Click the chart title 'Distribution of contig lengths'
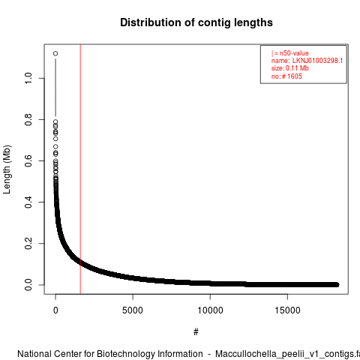pyautogui.click(x=196, y=22)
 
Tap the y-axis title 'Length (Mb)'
pyautogui.click(x=7, y=169)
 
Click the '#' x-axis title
pyautogui.click(x=196, y=332)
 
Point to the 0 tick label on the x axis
pyautogui.click(x=55, y=310)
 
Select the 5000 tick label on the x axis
pyautogui.click(x=133, y=310)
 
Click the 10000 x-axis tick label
pyautogui.click(x=210, y=310)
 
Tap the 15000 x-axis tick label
pyautogui.click(x=287, y=310)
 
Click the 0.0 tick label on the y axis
pyautogui.click(x=28, y=285)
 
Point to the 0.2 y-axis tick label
pyautogui.click(x=28, y=243)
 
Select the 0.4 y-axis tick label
pyautogui.click(x=28, y=202)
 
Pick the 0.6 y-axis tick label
pyautogui.click(x=28, y=160)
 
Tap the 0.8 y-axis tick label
pyautogui.click(x=28, y=119)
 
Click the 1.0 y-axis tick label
pyautogui.click(x=28, y=78)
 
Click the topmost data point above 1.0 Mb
pyautogui.click(x=55, y=53)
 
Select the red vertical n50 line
pyautogui.click(x=80, y=169)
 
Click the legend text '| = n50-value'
pyautogui.click(x=290, y=53)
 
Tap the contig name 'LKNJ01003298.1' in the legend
pyautogui.click(x=317, y=61)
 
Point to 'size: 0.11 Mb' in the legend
pyautogui.click(x=290, y=68)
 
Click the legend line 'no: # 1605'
pyautogui.click(x=286, y=76)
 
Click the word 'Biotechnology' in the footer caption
pyautogui.click(x=149, y=354)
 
